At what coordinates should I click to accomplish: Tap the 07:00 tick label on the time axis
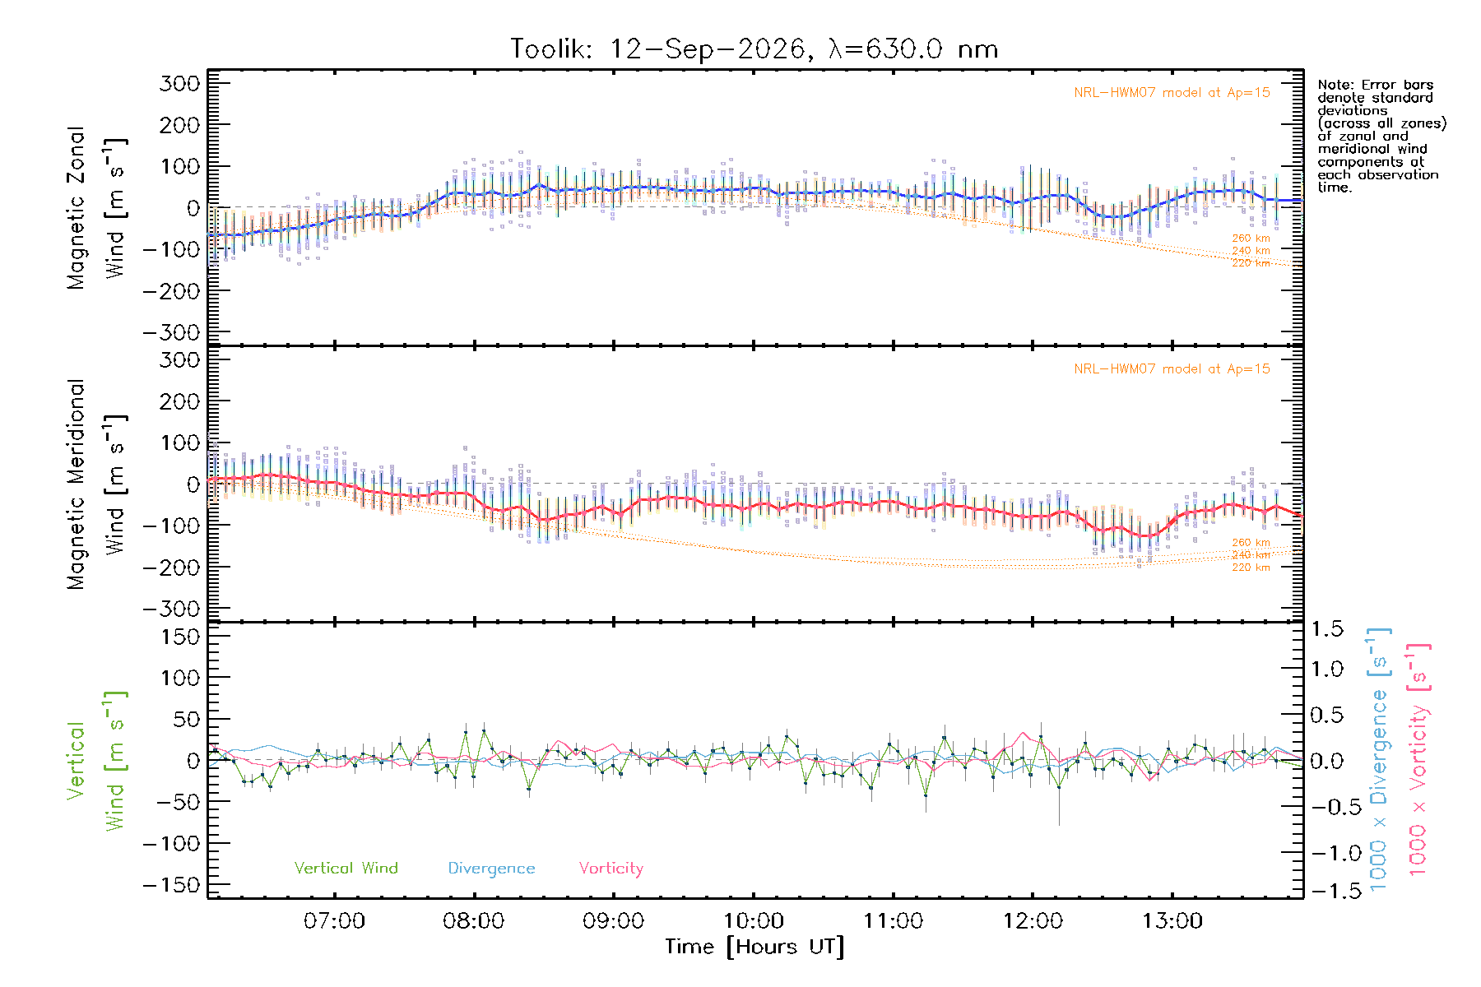[x=334, y=921]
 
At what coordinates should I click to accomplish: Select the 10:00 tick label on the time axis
[x=753, y=921]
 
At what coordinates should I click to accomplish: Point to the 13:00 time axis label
[x=1172, y=921]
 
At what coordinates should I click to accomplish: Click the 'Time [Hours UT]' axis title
[x=754, y=947]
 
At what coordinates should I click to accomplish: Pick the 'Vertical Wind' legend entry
[x=346, y=868]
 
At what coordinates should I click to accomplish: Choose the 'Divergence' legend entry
[x=491, y=869]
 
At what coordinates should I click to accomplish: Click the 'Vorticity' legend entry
[x=611, y=869]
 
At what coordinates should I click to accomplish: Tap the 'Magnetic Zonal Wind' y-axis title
[x=97, y=208]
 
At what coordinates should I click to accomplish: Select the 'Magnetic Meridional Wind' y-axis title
[x=97, y=484]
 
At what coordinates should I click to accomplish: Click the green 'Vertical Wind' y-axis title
[x=97, y=761]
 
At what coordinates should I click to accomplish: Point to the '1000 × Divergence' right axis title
[x=1379, y=759]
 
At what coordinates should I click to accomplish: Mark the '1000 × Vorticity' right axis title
[x=1418, y=759]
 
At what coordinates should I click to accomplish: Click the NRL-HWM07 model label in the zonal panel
[x=1172, y=93]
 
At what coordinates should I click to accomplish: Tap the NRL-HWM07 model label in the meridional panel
[x=1172, y=369]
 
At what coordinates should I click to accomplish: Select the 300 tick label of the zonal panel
[x=180, y=83]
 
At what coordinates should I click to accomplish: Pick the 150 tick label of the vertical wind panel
[x=180, y=636]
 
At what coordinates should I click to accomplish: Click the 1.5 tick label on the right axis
[x=1327, y=629]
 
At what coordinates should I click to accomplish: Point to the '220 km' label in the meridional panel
[x=1251, y=568]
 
